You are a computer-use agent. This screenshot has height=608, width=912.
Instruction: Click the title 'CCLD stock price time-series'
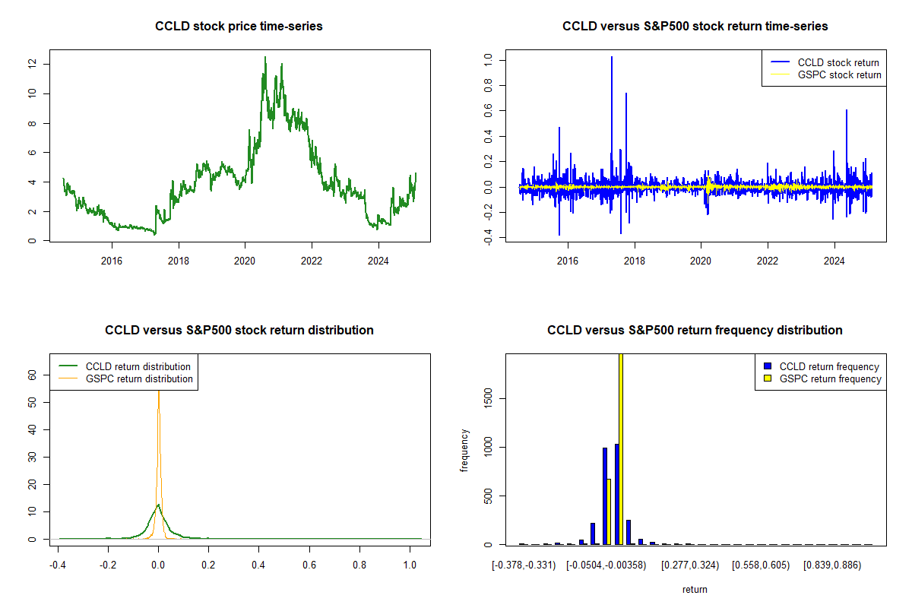click(239, 27)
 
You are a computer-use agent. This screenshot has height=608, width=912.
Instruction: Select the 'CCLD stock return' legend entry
click(838, 62)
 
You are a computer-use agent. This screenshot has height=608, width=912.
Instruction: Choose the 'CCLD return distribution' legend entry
click(138, 366)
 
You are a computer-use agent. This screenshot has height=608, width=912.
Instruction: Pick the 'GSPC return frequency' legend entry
click(830, 378)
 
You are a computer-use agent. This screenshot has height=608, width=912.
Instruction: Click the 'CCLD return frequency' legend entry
click(829, 366)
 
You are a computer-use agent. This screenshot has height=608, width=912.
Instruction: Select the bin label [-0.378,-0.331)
click(523, 565)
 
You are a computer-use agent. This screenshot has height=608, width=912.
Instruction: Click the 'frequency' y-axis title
click(464, 449)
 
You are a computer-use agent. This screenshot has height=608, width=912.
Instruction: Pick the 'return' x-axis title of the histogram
click(695, 589)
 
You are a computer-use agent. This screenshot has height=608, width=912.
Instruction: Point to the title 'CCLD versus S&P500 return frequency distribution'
click(695, 331)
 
